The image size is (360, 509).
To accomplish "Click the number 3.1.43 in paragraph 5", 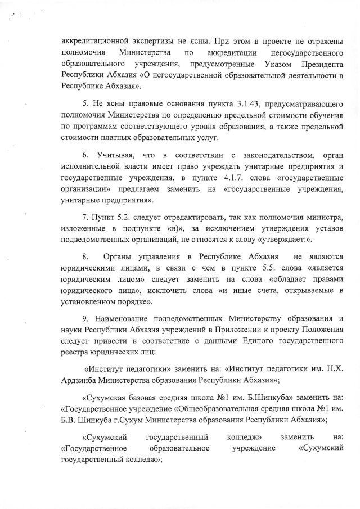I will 248,105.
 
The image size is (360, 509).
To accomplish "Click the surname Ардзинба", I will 79,380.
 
